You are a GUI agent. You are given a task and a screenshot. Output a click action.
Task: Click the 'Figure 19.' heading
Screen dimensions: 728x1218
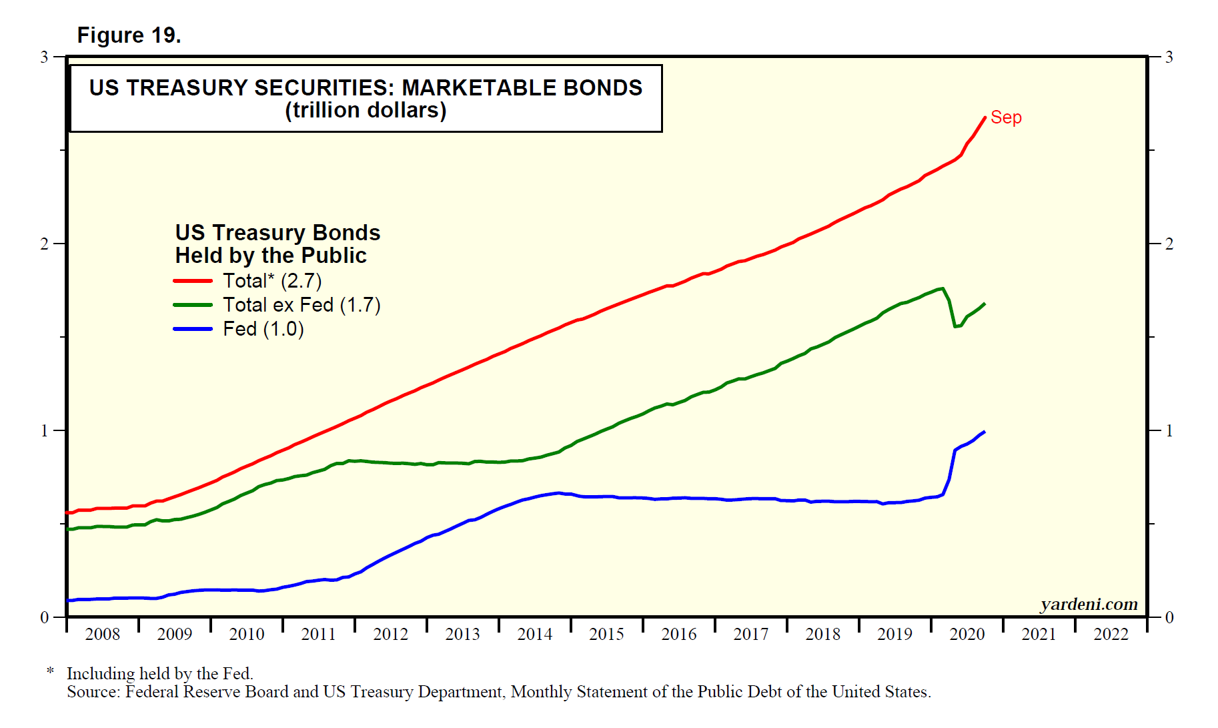click(129, 35)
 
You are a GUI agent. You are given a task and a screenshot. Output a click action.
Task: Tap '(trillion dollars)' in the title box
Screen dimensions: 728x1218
click(366, 110)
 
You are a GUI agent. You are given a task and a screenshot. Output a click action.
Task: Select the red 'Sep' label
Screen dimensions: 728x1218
click(1006, 117)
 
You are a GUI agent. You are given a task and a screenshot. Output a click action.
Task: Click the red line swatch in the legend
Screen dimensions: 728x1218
click(193, 281)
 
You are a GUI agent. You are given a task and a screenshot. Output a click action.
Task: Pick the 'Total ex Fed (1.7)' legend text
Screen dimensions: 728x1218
click(301, 305)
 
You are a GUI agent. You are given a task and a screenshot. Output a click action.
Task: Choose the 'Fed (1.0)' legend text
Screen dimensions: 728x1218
click(263, 329)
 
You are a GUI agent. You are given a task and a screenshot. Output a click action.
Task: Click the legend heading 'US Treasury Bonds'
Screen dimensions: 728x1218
click(277, 233)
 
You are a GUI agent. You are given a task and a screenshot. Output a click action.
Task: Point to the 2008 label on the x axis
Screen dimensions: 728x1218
click(102, 634)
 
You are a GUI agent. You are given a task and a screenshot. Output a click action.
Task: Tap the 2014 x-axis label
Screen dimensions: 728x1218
click(534, 634)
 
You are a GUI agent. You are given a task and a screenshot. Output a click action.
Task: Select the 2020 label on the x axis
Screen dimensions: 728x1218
click(967, 634)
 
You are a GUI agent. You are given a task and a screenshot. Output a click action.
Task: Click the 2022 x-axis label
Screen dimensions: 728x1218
click(1111, 634)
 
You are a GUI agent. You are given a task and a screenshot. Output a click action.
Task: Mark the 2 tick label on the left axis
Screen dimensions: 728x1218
click(45, 244)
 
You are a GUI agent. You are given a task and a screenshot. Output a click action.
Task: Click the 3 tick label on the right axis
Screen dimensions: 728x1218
click(1169, 57)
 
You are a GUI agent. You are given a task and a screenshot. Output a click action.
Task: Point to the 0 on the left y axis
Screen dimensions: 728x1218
click(45, 618)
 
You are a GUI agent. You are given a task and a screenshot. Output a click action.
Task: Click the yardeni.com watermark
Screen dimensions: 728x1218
click(1089, 604)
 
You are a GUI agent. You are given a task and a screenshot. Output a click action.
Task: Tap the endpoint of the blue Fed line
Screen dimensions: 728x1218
click(985, 432)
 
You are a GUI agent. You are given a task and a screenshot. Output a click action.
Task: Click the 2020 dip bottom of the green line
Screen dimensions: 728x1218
click(956, 326)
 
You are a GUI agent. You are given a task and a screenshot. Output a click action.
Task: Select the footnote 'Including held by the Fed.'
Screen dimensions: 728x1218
click(159, 673)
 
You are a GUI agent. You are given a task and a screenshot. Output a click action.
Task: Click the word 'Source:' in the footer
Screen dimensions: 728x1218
click(93, 692)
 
